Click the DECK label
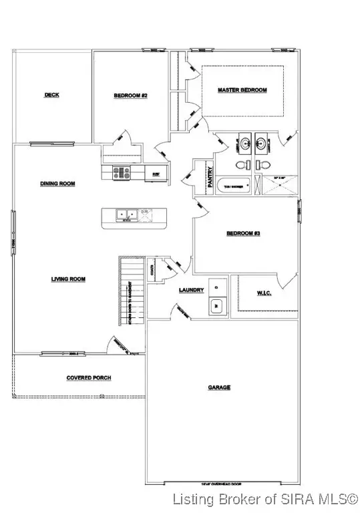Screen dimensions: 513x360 [51, 95]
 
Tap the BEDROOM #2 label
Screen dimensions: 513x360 [130, 96]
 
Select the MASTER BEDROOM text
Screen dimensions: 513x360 [242, 90]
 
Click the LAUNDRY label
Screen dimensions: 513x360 [191, 290]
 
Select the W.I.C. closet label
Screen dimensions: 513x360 [265, 293]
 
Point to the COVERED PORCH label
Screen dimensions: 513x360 [88, 378]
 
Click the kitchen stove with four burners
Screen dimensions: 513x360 [122, 172]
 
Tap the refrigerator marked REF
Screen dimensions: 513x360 [156, 172]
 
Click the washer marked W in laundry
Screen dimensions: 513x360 [217, 306]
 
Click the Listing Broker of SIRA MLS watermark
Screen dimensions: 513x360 [264, 499]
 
